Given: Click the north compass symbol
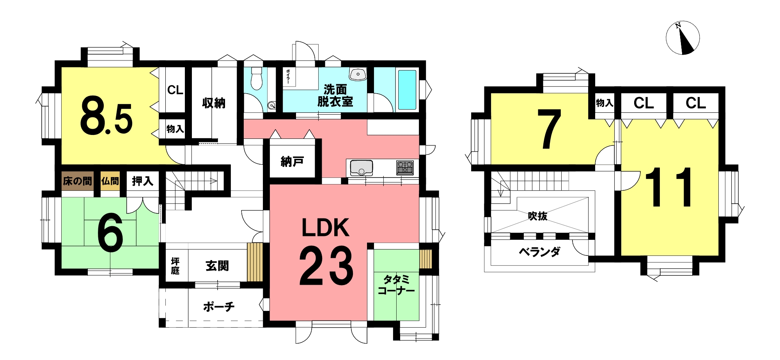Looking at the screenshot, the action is coord(682,38).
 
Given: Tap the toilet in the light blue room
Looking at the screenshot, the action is coord(256,78).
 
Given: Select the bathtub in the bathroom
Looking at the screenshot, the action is coord(407,90).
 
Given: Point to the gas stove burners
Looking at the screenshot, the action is coord(405,168).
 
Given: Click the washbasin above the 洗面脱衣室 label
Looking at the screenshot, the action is coord(358,74).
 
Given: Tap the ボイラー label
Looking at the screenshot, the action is coord(288,76).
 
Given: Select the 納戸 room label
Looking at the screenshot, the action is coord(292,161).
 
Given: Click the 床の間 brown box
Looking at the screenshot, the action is coord(77,181).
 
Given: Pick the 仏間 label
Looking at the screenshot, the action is coord(110,181).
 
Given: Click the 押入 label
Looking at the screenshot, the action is coord(142,181).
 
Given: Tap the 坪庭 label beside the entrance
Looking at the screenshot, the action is coord(175,266).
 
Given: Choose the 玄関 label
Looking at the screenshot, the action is coord(217,266).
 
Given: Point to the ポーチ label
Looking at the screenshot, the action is coord(219,307).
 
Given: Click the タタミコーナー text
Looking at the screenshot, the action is coord(396,285).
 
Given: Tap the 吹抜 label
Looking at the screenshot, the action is coord(537,216).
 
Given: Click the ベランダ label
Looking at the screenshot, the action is coord(539,252).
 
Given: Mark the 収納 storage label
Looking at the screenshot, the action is coord(214,103).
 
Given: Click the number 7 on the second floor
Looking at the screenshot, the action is coord(549,129).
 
